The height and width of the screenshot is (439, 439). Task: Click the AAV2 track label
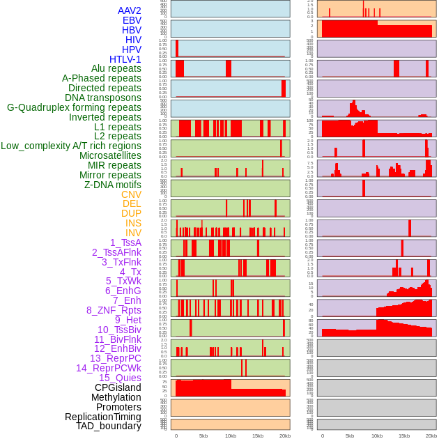[x=129, y=10]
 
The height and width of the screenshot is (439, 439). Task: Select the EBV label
[x=132, y=20]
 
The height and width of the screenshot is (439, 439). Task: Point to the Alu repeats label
[x=116, y=68]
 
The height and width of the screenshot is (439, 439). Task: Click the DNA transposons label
[x=103, y=98]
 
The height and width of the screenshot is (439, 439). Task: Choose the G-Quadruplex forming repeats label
[x=74, y=107]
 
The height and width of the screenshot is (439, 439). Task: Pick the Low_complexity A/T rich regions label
[x=71, y=146]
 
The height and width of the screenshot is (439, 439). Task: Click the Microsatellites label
[x=110, y=155]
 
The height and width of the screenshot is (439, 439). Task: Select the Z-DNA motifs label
[x=112, y=185]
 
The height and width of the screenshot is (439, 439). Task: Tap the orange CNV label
[x=131, y=194]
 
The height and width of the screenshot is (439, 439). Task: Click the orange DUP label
[x=131, y=213]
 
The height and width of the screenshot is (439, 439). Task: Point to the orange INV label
[x=133, y=233]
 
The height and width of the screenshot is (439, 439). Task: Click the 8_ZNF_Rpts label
[x=114, y=310]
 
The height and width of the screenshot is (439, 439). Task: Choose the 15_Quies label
[x=120, y=378]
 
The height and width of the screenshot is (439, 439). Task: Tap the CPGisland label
[x=118, y=387]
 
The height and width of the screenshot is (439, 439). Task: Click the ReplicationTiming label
[x=102, y=417]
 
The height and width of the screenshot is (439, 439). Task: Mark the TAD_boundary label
[x=109, y=426]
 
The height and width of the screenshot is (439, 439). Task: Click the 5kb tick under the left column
[x=203, y=436]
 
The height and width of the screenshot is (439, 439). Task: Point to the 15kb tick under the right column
[x=404, y=436]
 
